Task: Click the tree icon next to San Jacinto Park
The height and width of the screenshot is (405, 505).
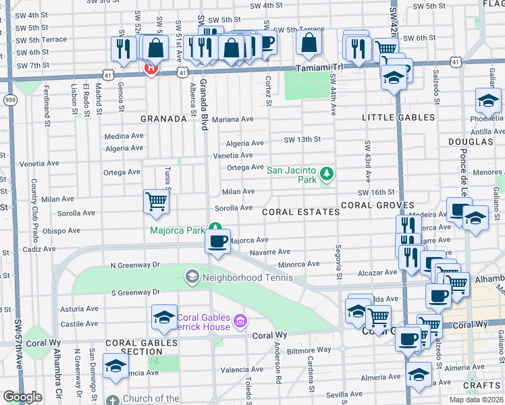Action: coord(327,174)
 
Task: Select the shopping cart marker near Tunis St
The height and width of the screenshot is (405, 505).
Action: coord(156,202)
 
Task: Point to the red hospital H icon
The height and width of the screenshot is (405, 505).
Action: coord(151,68)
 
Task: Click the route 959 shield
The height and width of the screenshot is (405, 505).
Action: coord(9,100)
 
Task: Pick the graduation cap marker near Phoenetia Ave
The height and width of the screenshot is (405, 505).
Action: coord(487,103)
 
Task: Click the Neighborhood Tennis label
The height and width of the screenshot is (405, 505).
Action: coord(248,277)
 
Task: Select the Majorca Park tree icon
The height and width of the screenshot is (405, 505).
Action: coord(215,228)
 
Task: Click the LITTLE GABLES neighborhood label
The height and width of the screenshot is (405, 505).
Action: coord(398,117)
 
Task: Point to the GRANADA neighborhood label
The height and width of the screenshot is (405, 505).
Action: coord(163,119)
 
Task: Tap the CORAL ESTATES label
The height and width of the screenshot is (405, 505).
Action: coord(300,212)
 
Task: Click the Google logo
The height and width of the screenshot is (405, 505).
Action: coord(22,397)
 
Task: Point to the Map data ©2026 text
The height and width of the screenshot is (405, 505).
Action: coord(475,400)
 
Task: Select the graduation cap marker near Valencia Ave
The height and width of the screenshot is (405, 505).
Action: coord(116,367)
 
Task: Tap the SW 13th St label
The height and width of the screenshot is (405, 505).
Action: coord(302,140)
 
